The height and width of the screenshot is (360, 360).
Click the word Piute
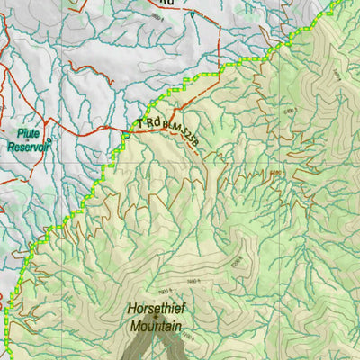(25, 132)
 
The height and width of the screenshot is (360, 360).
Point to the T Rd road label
(148, 122)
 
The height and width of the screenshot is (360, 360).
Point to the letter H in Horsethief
(131, 305)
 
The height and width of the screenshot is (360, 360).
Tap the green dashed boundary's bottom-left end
(5, 356)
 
